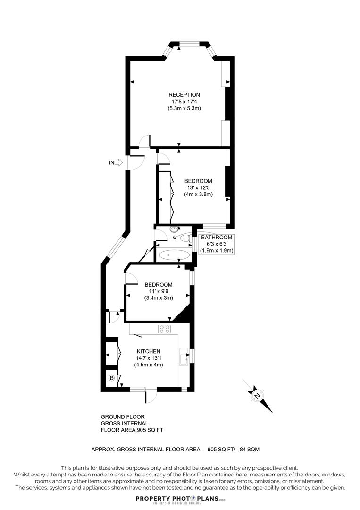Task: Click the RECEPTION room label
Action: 184,95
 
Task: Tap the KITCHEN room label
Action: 149,352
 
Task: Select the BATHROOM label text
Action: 217,237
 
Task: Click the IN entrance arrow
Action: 116,163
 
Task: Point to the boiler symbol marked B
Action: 112,378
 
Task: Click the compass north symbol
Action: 258,395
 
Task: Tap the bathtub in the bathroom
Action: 174,255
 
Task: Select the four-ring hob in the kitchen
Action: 165,329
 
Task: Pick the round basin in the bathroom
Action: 175,229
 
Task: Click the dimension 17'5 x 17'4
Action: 184,102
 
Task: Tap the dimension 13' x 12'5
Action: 198,187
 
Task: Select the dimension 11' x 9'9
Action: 158,291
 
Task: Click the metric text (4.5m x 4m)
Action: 149,365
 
